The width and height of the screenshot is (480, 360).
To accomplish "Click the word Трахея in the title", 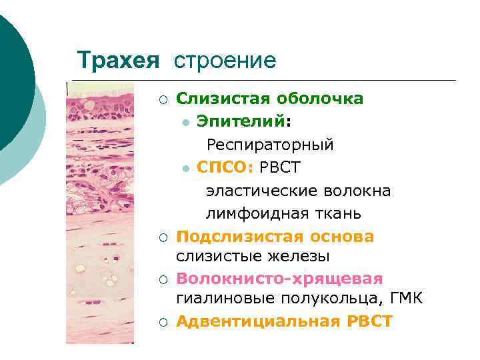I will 118,61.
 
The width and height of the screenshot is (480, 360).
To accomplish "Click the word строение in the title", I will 225,61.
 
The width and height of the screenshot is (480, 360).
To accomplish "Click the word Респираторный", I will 270,145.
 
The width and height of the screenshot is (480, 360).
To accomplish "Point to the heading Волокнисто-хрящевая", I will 279,278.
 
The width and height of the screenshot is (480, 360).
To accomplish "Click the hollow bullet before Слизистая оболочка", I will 163,99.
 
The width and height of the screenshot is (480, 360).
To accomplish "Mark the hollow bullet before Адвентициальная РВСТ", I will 163,322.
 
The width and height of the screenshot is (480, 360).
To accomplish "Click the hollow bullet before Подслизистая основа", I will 163,237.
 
